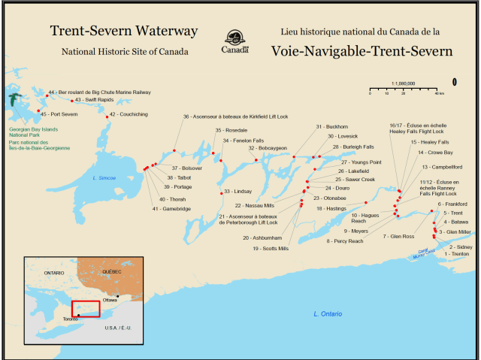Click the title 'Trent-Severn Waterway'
(124, 31)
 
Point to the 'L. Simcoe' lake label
(104, 177)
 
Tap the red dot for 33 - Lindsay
(220, 192)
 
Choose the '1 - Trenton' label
(456, 254)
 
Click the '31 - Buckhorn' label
(331, 127)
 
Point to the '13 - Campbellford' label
(442, 167)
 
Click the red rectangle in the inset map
(86, 309)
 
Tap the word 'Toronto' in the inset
(71, 319)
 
